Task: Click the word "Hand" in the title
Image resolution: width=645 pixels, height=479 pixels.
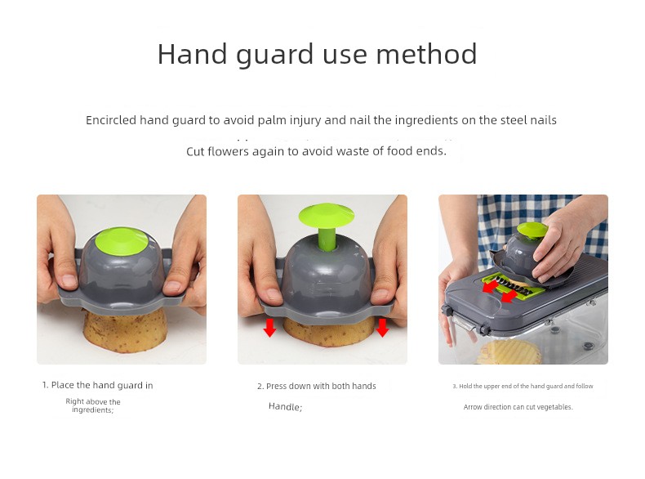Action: coord(192,54)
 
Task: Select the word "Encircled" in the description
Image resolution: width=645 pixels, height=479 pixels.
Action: coord(111,120)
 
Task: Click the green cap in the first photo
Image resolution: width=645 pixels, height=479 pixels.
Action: coord(122,241)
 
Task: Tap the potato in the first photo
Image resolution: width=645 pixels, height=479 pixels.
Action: coord(125,331)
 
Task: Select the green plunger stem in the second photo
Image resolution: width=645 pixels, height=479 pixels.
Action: coord(327,239)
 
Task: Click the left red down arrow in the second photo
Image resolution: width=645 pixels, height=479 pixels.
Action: coord(270,328)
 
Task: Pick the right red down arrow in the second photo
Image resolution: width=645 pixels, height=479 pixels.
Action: coord(382,328)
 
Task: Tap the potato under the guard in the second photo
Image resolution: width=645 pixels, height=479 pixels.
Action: coord(328,333)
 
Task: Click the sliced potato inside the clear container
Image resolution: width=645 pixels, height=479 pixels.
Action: coord(509,352)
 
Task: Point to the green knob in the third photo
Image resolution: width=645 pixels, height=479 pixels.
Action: coord(532,231)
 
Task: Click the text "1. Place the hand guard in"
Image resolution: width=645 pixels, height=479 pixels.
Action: coord(97,386)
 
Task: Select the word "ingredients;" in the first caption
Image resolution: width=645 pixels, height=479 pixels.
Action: coord(92,410)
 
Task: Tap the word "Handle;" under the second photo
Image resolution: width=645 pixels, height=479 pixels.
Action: coord(285,407)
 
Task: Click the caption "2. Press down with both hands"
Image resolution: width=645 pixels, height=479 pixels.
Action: coord(316,387)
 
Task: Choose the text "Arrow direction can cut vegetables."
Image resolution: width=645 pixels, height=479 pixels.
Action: coord(518,407)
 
